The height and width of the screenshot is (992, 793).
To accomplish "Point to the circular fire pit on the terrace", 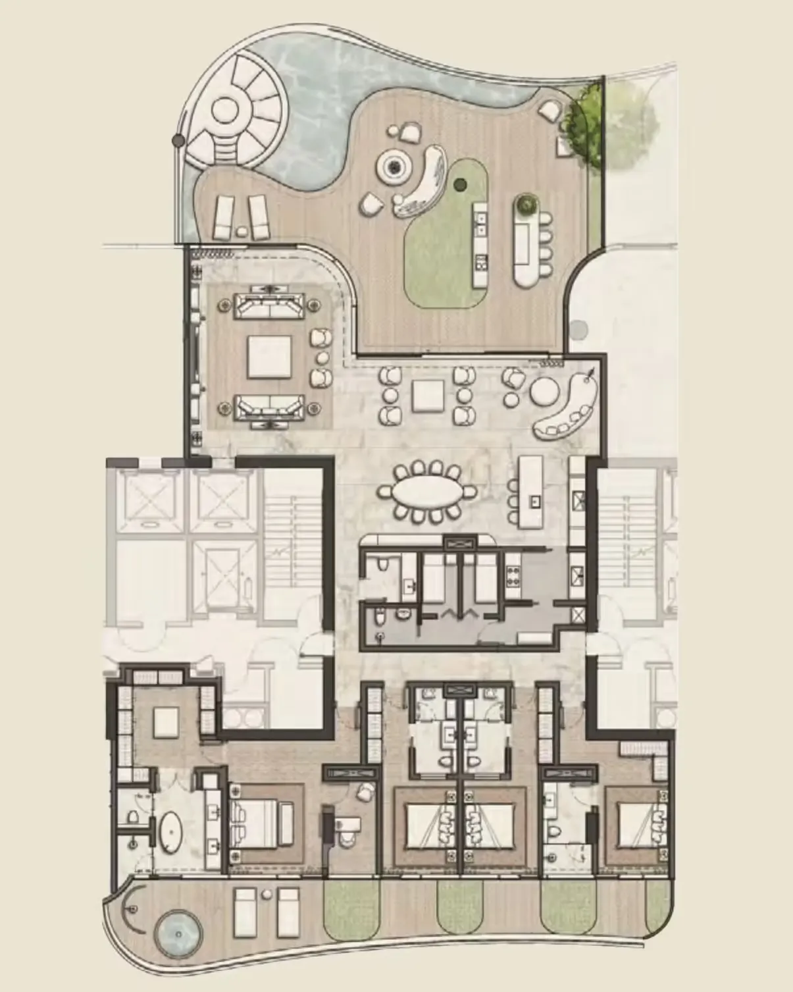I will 393,168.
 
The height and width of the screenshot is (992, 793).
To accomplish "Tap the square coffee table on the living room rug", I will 269,357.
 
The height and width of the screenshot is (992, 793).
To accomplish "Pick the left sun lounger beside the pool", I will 223,217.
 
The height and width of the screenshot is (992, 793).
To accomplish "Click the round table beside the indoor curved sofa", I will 545,393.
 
